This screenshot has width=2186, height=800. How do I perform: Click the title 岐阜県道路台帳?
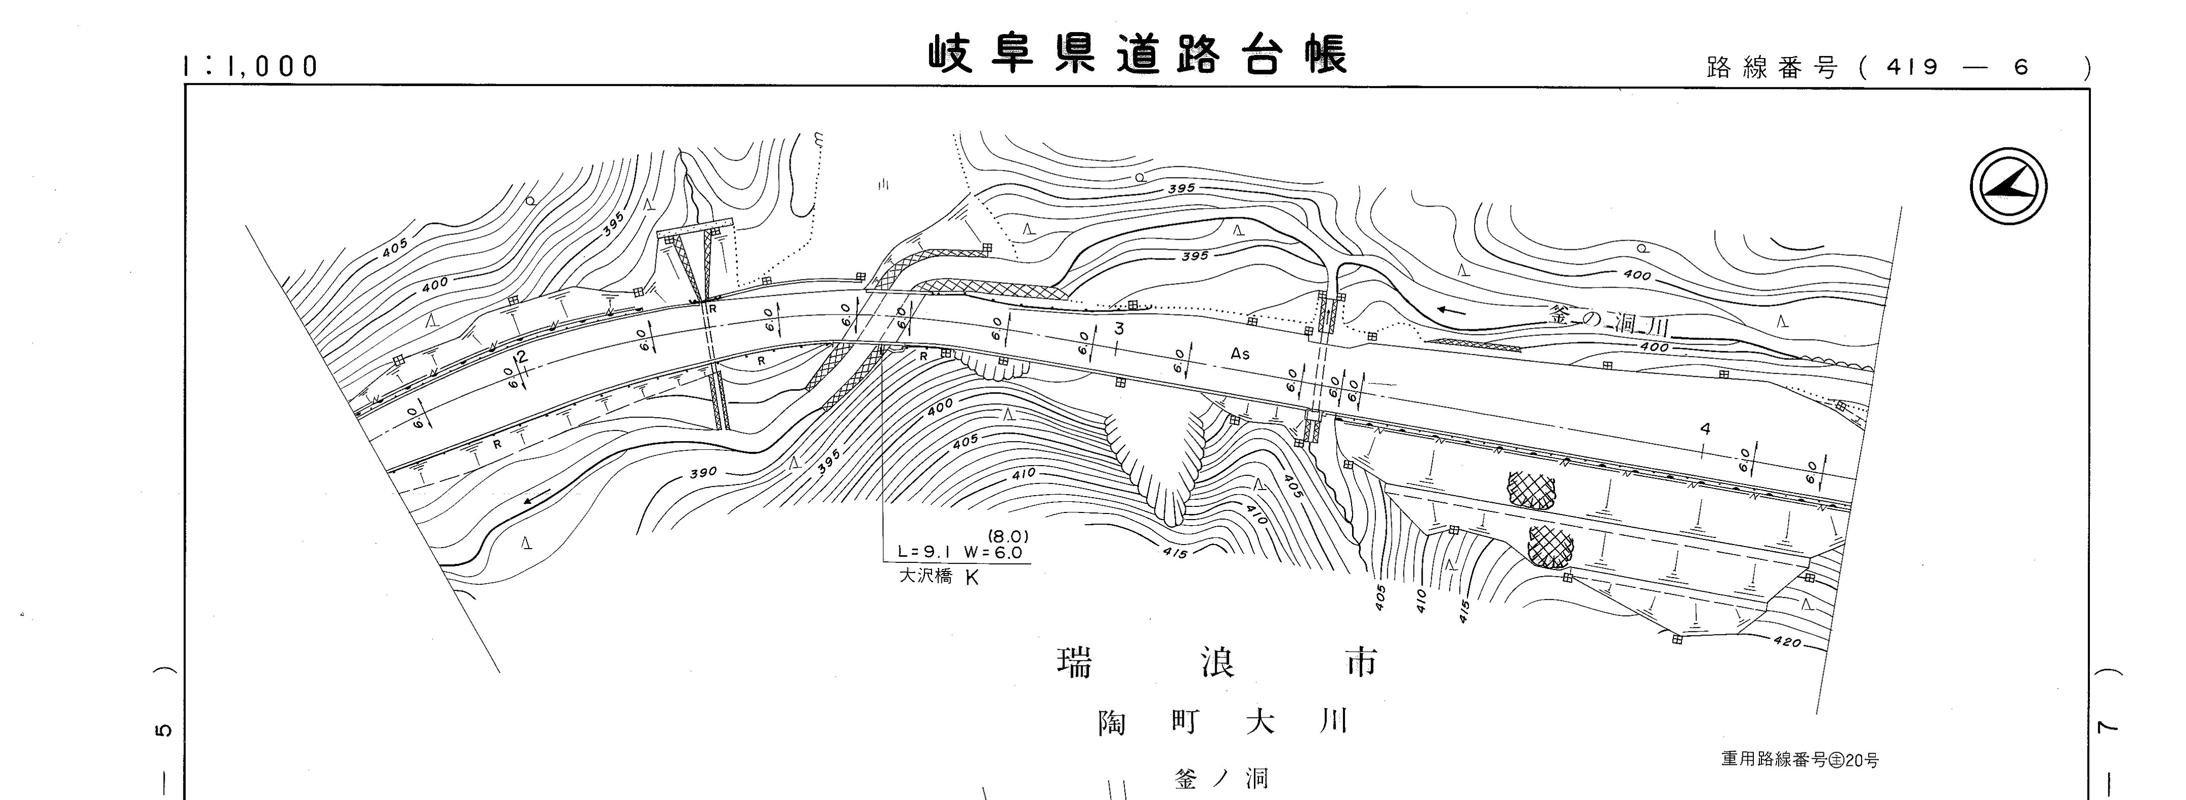point(1137,54)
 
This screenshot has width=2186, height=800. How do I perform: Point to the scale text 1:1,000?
point(250,66)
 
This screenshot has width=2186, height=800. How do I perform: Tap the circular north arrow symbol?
point(2008,186)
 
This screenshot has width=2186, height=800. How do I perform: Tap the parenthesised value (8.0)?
point(1008,537)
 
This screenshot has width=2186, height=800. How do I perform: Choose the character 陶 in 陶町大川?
point(1112,723)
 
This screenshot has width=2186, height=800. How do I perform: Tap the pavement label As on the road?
point(1240,353)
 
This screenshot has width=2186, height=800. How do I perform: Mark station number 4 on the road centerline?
point(1705,430)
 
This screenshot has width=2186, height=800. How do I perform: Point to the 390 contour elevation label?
point(703,472)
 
